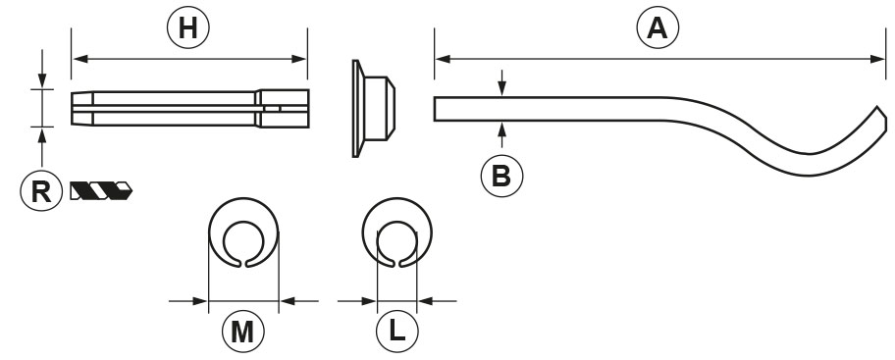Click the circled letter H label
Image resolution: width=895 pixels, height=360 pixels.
188,26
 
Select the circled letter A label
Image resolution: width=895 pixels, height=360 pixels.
658,26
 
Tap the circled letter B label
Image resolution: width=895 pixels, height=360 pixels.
501,177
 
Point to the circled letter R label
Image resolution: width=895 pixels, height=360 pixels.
41,190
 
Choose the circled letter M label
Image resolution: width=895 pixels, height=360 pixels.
243,331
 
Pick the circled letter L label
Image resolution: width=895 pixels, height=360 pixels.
397,331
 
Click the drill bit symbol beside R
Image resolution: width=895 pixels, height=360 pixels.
101,190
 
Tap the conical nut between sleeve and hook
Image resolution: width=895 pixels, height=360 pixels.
374,109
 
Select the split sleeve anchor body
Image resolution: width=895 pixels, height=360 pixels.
190,109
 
